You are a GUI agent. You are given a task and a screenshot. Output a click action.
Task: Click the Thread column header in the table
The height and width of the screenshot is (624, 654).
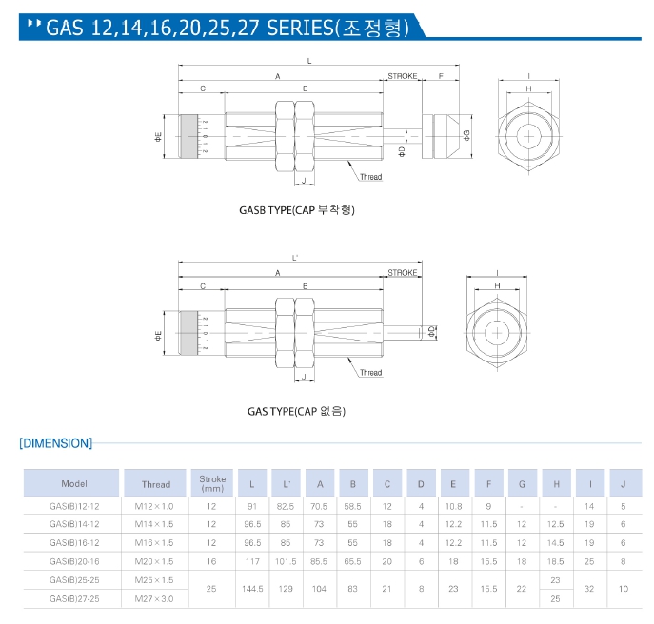pyautogui.click(x=156, y=484)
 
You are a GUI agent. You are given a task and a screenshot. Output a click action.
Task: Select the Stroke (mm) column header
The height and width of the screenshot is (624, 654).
pyautogui.click(x=212, y=483)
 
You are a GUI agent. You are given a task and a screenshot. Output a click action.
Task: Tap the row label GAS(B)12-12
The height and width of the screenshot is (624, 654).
pyautogui.click(x=73, y=507)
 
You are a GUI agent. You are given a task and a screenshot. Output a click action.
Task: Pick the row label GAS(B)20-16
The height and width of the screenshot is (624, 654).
pyautogui.click(x=73, y=561)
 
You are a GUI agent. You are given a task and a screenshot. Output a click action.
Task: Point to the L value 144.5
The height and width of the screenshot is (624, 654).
pyautogui.click(x=251, y=589)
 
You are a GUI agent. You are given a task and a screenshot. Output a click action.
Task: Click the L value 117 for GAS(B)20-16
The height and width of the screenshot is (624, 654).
pyautogui.click(x=251, y=561)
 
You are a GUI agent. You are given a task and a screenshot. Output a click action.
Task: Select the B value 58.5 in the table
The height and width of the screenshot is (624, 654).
pyautogui.click(x=353, y=507)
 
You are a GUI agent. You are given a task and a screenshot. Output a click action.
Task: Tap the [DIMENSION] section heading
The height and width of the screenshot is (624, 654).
pyautogui.click(x=56, y=443)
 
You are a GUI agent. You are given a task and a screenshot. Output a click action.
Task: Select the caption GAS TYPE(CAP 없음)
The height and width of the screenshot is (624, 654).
pyautogui.click(x=296, y=411)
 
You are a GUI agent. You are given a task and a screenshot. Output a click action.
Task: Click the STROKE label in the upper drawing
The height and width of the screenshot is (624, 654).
pyautogui.click(x=403, y=75)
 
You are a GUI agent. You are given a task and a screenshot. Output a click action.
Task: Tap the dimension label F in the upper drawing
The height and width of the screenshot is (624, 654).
pyautogui.click(x=441, y=75)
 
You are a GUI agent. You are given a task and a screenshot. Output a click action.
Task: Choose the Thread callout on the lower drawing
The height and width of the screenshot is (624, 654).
pyautogui.click(x=371, y=373)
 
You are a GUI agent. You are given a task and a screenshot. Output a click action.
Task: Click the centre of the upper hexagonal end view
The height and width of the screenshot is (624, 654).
pyautogui.click(x=527, y=135)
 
